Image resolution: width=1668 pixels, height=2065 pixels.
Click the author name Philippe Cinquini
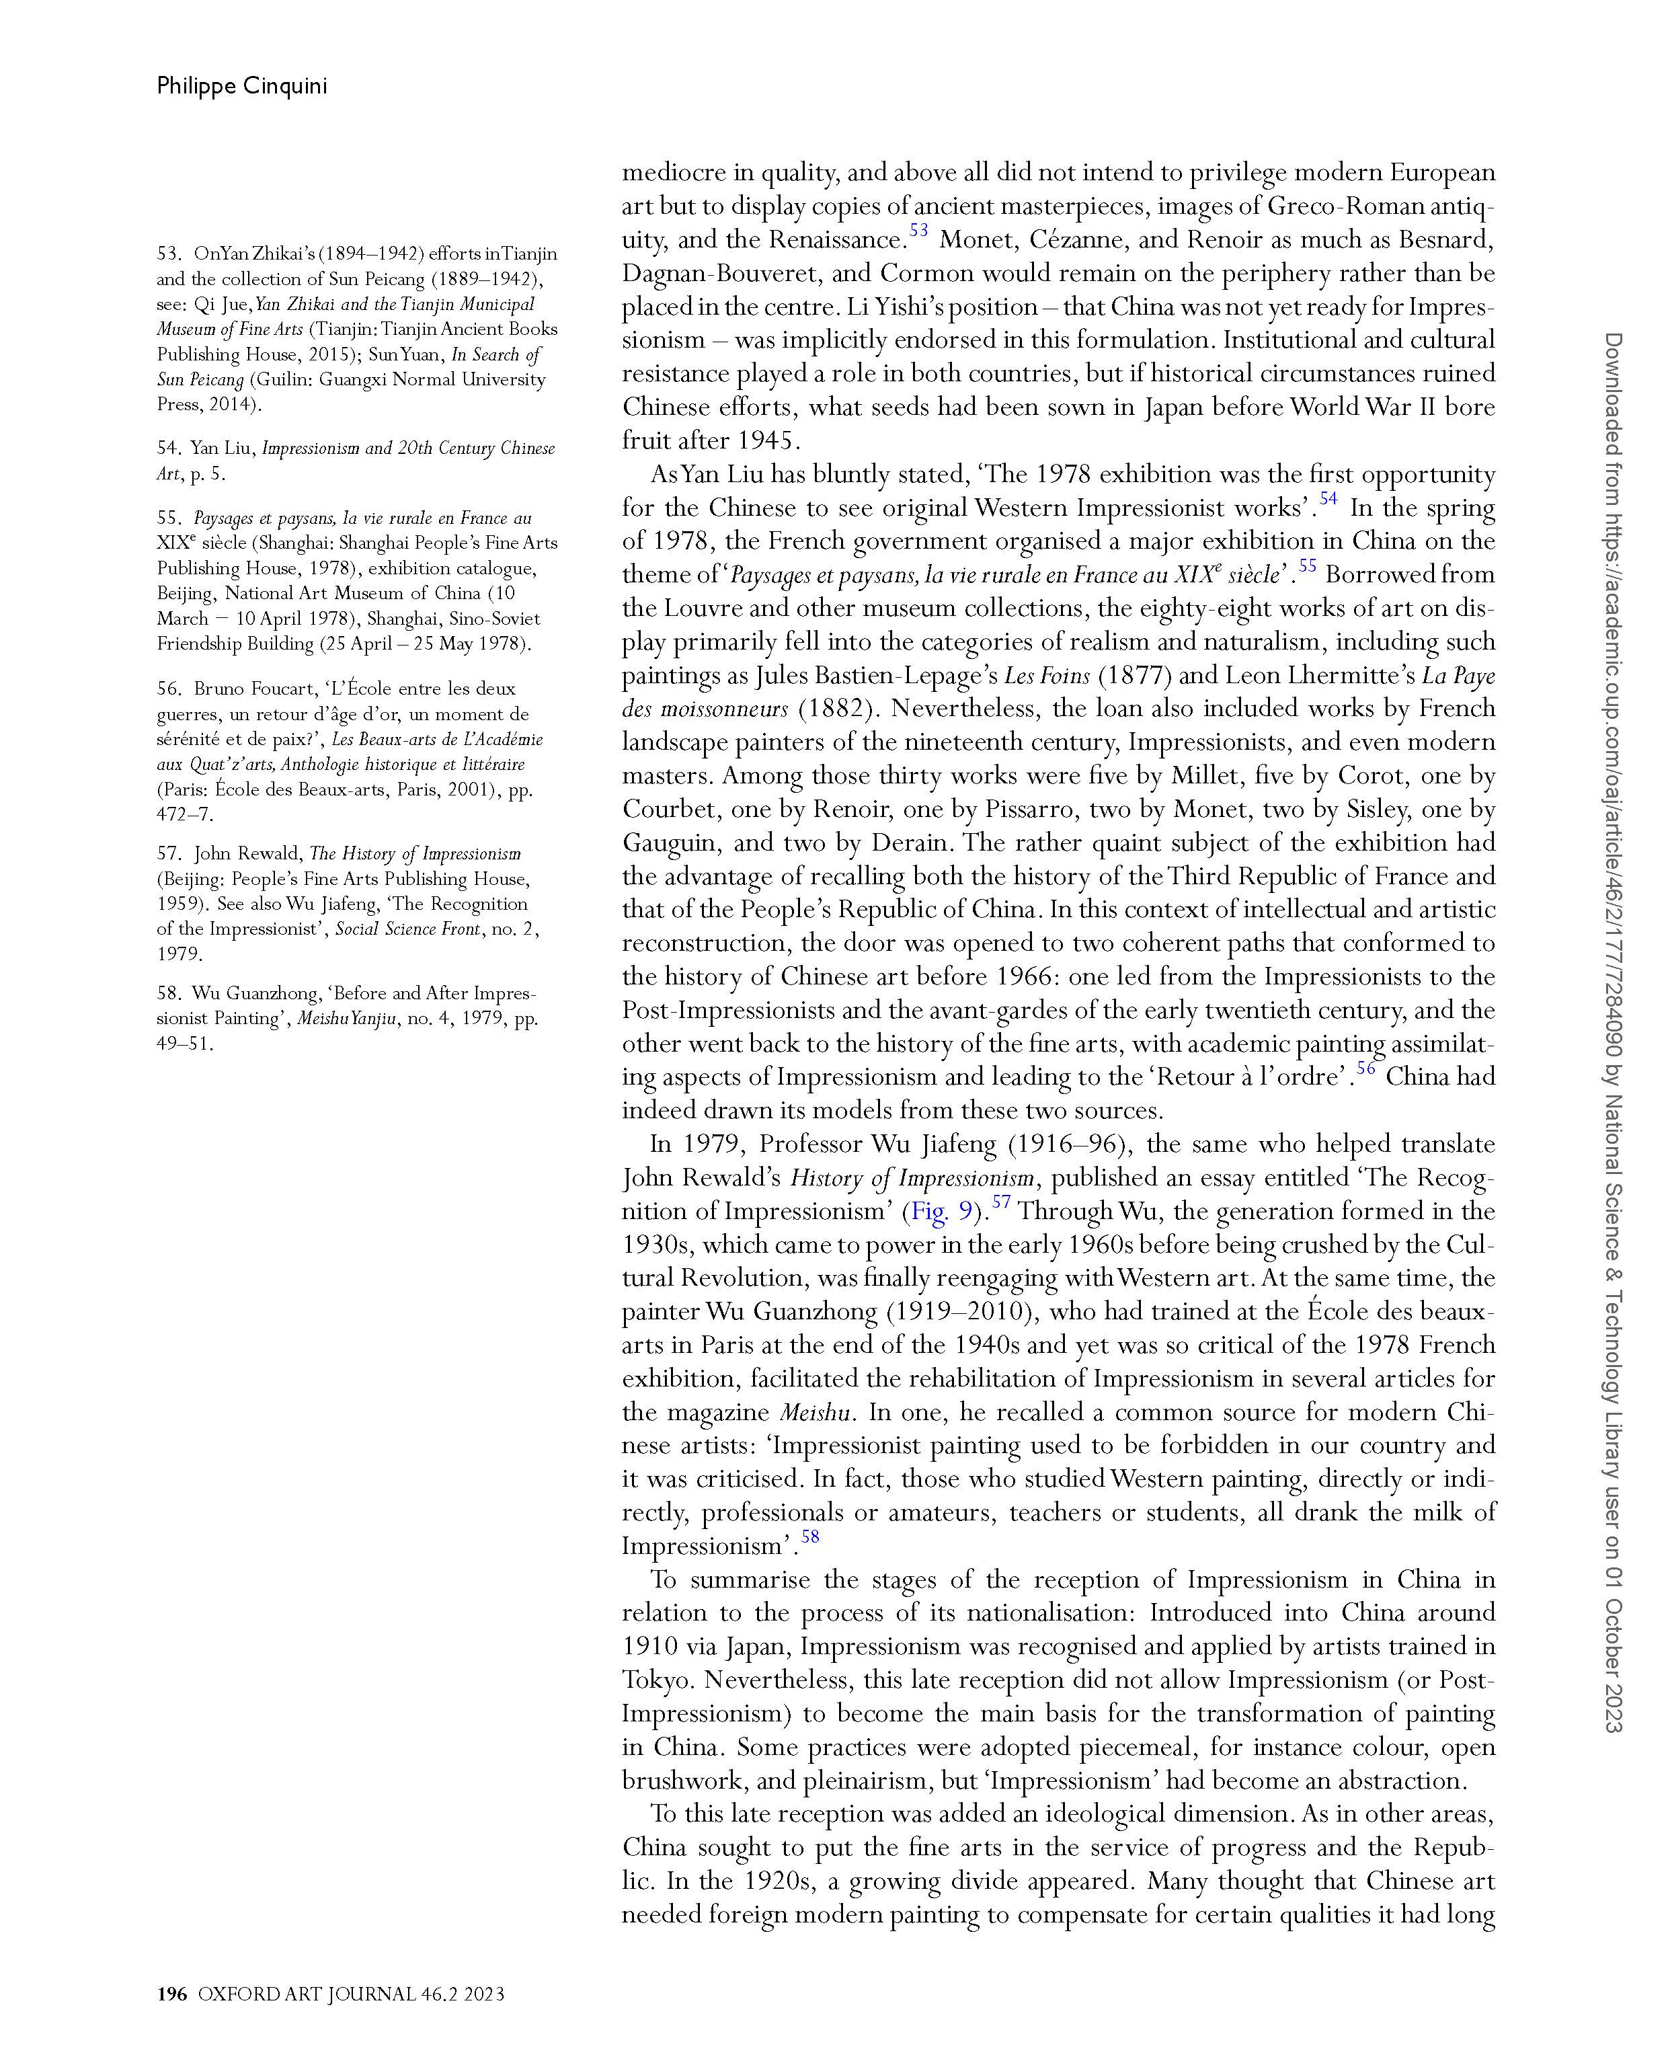[241, 87]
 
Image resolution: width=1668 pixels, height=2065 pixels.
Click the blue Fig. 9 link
[942, 1211]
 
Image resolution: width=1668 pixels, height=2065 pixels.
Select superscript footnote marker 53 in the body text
[918, 231]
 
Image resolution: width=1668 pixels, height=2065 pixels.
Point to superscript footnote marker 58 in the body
[810, 1536]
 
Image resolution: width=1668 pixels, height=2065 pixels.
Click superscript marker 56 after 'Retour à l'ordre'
[1365, 1068]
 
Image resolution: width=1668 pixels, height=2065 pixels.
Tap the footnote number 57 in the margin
[169, 853]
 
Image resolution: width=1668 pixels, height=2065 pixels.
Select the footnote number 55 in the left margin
[169, 518]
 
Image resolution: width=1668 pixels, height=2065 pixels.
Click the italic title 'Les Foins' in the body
[1046, 676]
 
